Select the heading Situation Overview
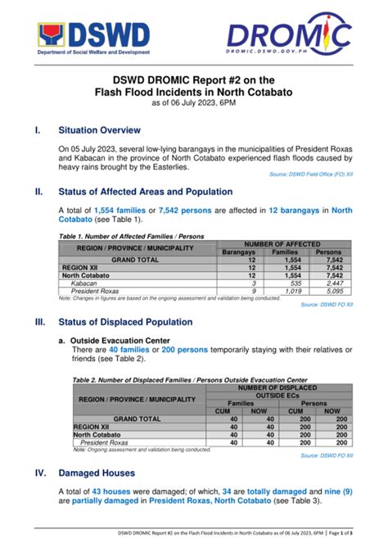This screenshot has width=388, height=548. [99, 130]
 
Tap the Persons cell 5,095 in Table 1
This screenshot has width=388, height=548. [333, 290]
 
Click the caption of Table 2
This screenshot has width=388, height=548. [190, 380]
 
